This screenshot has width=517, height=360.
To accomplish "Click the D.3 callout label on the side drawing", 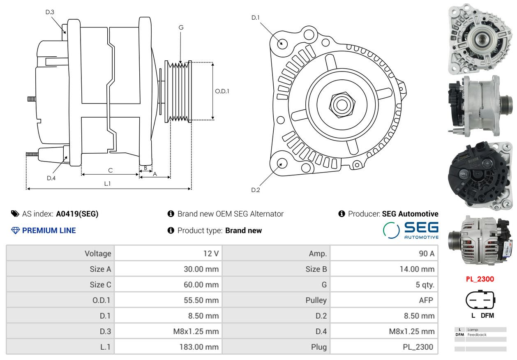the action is point(50,12).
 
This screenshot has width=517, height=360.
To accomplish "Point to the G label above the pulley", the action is point(181,28).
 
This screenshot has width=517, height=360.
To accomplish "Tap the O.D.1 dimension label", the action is point(222,91).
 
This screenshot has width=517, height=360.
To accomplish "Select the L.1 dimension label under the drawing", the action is point(107,184).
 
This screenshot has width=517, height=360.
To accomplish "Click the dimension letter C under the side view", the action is point(110,170).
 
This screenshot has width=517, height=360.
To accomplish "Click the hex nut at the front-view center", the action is point(342,105).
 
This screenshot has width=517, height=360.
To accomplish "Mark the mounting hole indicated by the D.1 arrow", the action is point(282,44).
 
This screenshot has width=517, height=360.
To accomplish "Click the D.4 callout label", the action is point(51,178).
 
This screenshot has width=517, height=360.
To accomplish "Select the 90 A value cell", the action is point(384,254).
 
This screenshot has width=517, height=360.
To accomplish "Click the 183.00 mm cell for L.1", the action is point(168,347).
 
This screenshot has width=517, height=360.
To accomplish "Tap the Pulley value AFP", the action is point(426,300).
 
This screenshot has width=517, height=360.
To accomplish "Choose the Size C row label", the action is point(100,284).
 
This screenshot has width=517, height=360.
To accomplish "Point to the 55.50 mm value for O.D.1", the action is point(201,300).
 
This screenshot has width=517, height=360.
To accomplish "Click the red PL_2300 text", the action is point(480,279).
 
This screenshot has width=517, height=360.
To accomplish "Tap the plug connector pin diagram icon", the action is point(480,300).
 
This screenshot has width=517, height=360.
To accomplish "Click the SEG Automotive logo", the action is point(411,230).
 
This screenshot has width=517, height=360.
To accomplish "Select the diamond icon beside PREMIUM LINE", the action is point(16,231).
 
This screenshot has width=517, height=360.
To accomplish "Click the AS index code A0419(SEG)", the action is point(77,214).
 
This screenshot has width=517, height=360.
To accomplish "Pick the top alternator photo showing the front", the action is point(480,39).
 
